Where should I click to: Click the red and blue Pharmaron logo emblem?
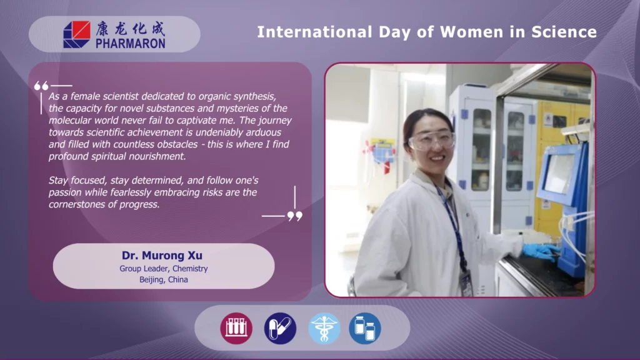point(77,35)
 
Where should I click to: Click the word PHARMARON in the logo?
point(131,43)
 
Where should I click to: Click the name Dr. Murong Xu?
point(162,256)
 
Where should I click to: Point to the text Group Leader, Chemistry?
point(164,269)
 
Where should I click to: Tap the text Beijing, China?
point(164,279)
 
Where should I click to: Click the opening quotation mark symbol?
point(41,86)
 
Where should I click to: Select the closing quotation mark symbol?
point(295,216)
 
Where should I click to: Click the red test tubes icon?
point(236,328)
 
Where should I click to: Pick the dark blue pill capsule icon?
point(280,328)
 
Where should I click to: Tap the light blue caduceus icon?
point(324,328)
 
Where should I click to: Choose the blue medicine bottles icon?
point(365,328)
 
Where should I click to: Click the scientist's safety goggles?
point(432,140)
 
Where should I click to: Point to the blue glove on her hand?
point(539,251)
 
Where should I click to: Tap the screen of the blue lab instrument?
point(559,173)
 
